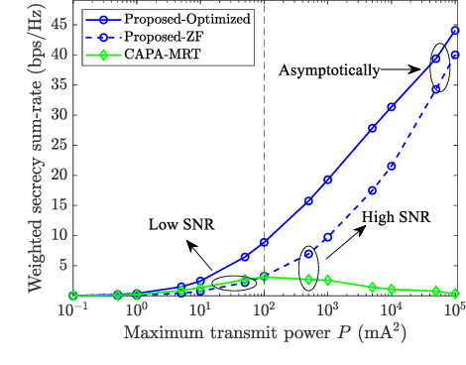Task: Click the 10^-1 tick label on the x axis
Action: [71, 311]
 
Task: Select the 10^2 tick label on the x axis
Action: [264, 311]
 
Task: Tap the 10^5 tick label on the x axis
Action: [455, 311]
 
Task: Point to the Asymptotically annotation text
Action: [327, 70]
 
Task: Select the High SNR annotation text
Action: [394, 215]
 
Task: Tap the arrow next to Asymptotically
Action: [402, 70]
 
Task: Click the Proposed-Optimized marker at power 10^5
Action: [455, 31]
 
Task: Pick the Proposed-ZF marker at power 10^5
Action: [455, 55]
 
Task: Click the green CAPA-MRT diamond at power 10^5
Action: [455, 293]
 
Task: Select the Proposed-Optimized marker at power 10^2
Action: [264, 242]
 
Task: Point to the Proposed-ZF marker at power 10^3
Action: [327, 237]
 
